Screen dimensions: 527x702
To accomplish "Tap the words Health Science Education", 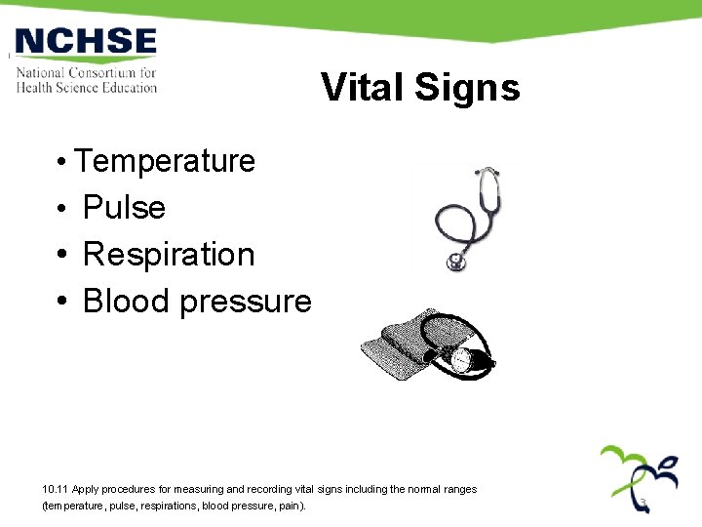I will [x=86, y=87].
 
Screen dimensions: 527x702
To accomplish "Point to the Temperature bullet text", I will [x=165, y=160].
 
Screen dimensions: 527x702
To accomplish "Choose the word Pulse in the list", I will [x=124, y=207].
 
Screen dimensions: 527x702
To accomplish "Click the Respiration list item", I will [x=169, y=254].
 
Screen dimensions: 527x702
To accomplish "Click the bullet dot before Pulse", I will [x=60, y=208].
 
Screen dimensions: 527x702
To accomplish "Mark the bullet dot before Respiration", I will [x=60, y=255].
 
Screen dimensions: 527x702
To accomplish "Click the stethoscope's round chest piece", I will [x=455, y=262].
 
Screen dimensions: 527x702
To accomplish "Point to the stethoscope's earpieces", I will [x=487, y=173].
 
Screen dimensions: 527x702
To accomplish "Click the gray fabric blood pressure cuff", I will [x=400, y=346].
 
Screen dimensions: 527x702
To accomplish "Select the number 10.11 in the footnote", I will [x=57, y=489].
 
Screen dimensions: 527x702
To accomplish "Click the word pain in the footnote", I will [x=290, y=507].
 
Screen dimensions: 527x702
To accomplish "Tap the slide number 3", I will [x=643, y=503].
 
